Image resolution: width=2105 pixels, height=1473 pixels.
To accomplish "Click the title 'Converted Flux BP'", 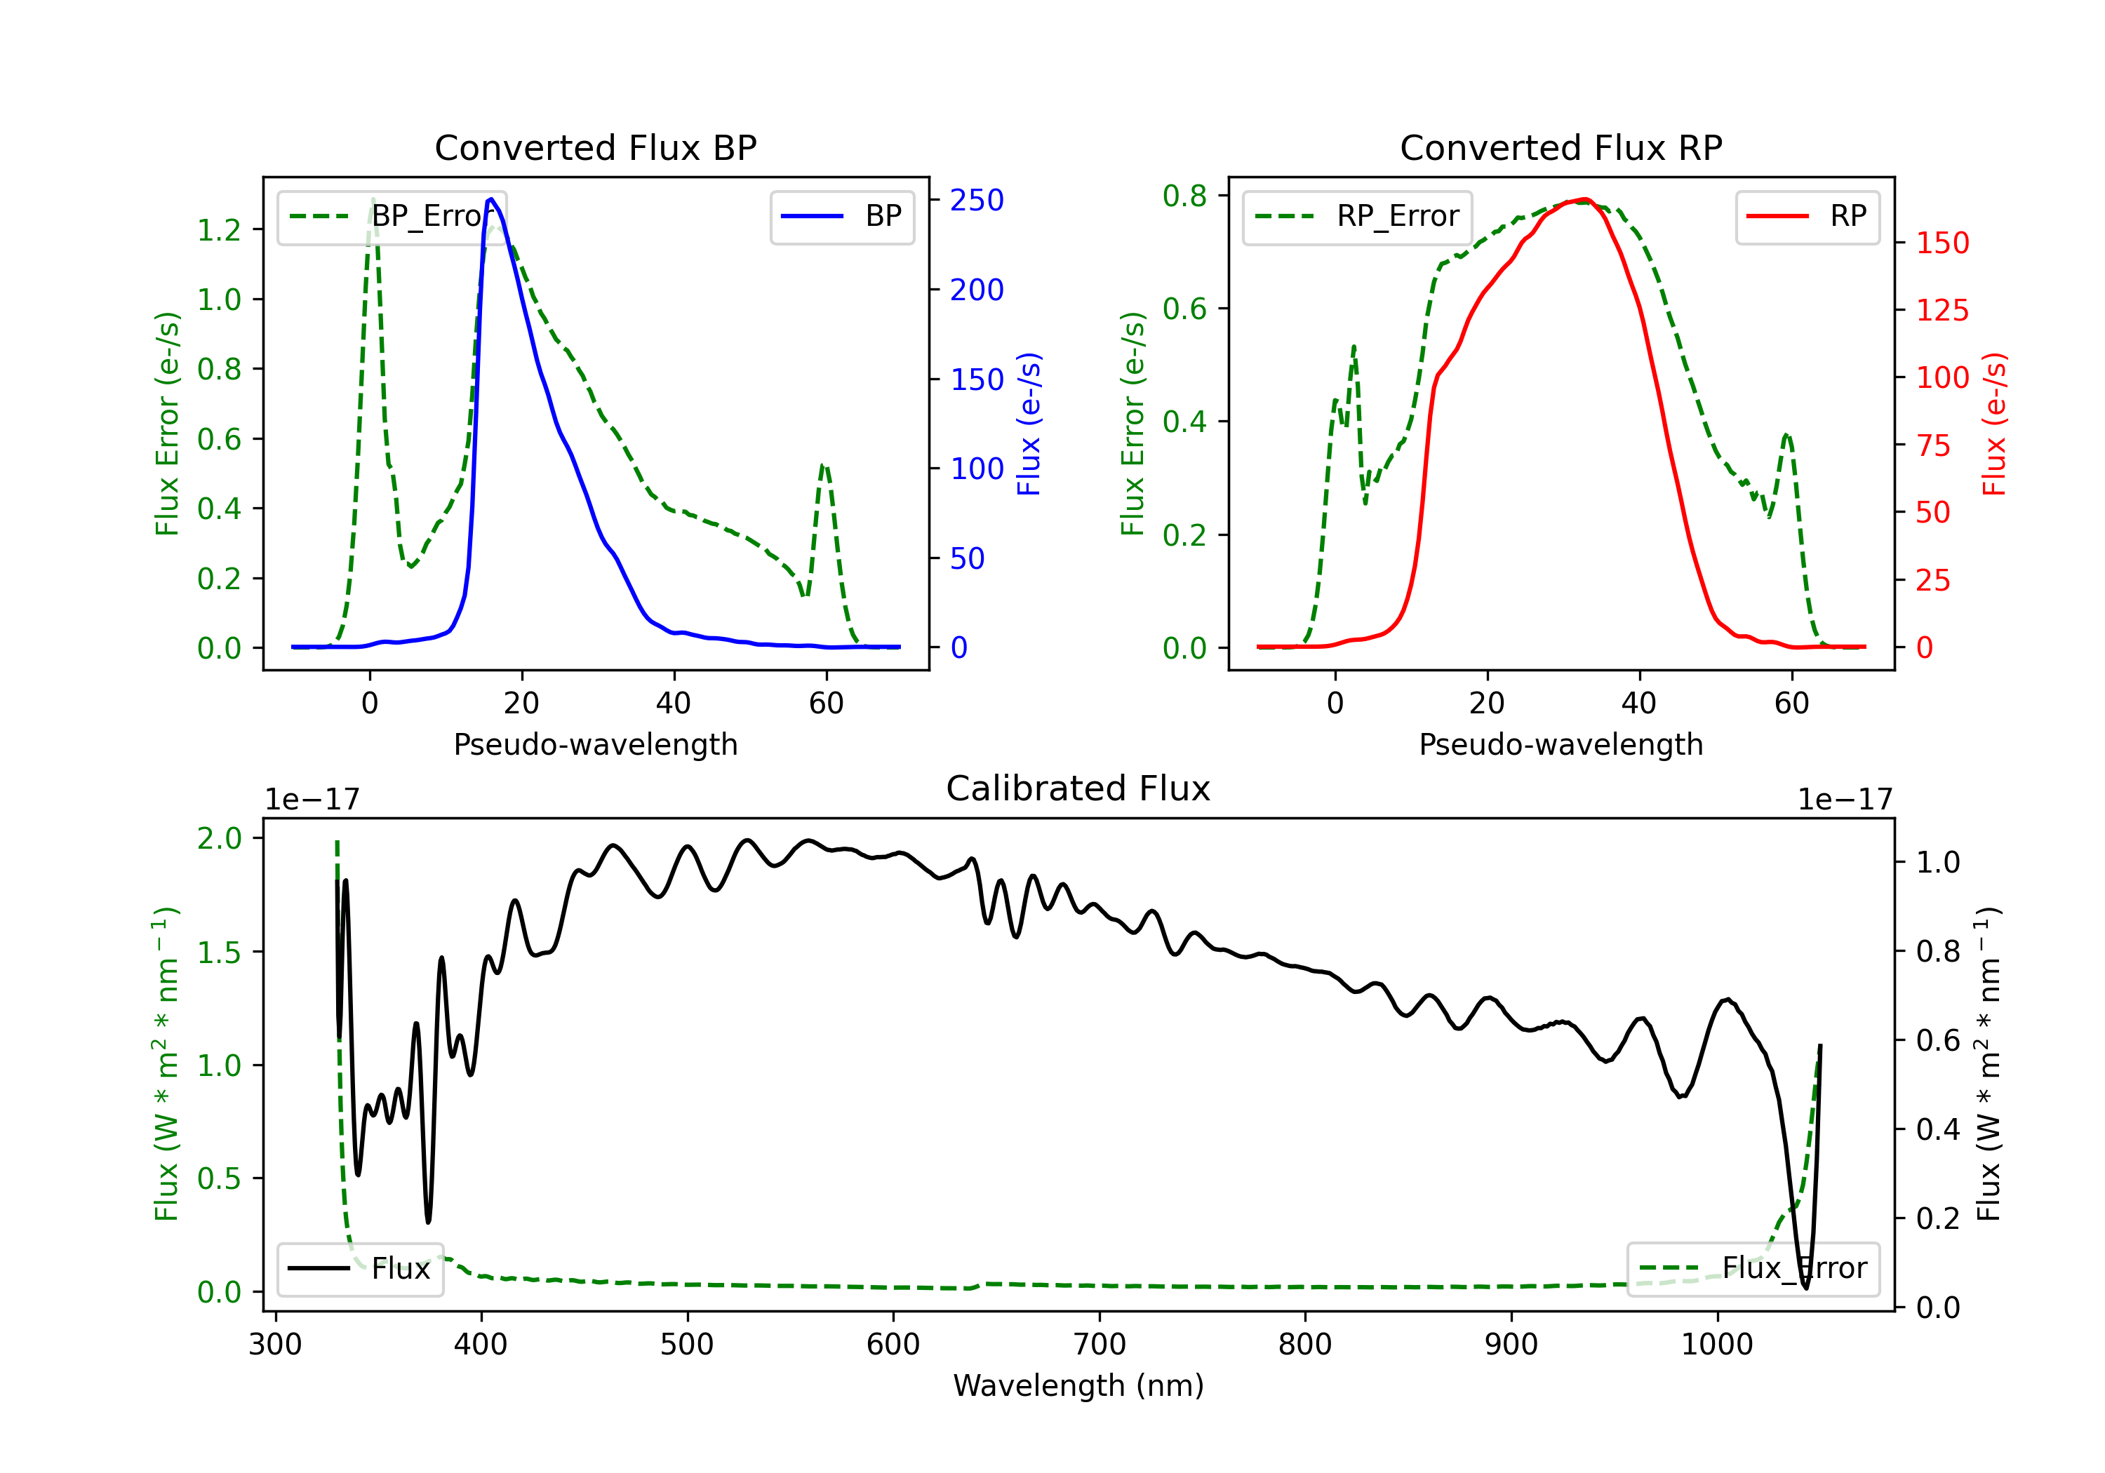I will tap(595, 147).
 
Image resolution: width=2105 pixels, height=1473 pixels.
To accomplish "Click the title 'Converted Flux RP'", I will tap(1561, 147).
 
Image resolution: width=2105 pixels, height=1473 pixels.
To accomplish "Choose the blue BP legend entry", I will tap(841, 216).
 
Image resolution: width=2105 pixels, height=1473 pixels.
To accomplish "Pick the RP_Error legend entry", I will tap(1357, 216).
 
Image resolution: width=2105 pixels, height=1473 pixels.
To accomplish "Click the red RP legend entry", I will tap(1807, 216).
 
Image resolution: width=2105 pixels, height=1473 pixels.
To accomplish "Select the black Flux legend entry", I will tap(361, 1269).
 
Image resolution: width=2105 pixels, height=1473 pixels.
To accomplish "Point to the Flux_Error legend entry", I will tap(1752, 1269).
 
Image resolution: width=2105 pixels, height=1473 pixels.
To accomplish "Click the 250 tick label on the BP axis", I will tap(977, 200).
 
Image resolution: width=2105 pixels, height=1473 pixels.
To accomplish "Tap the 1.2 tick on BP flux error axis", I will tap(219, 230).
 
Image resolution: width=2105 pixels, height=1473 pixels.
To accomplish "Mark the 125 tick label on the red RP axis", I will tap(1942, 311).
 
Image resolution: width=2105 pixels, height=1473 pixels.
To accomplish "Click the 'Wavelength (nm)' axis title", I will tap(1078, 1385).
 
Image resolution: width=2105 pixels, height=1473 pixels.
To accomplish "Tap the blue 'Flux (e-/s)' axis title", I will tap(1029, 424).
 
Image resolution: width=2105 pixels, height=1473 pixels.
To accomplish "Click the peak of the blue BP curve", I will tap(491, 199).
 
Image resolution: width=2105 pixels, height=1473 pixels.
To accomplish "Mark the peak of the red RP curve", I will tap(1585, 199).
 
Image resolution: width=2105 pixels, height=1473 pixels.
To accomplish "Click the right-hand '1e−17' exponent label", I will tap(1845, 800).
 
